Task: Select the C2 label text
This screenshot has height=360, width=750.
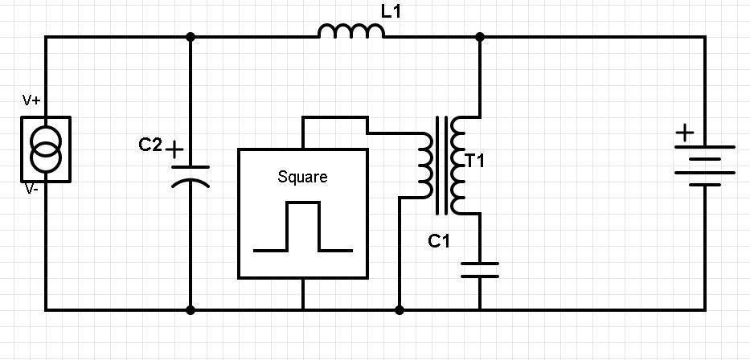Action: [x=150, y=145]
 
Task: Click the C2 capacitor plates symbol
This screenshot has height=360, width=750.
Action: [x=191, y=174]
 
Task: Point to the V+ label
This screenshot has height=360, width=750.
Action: [x=32, y=100]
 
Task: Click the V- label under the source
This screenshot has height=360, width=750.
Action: [x=31, y=189]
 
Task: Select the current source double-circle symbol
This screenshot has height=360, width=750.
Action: [x=46, y=149]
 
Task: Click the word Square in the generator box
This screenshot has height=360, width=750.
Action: [x=302, y=177]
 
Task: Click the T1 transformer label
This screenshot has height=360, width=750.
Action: [x=475, y=162]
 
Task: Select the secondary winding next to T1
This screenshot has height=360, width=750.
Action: [x=459, y=165]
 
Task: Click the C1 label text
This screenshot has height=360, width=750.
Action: [x=438, y=240]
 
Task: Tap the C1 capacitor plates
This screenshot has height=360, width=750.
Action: [x=480, y=270]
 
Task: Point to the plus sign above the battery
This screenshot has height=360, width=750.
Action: [x=684, y=133]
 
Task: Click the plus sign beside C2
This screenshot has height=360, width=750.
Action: [x=174, y=149]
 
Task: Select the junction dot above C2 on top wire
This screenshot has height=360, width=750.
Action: [x=191, y=36]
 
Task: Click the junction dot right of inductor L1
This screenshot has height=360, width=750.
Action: [x=480, y=36]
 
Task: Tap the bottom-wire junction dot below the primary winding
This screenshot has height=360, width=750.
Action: [x=400, y=309]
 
